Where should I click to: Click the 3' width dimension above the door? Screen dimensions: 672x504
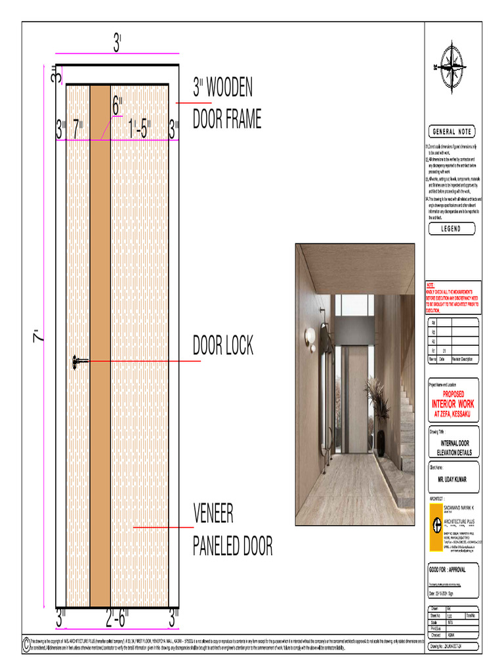point(117,44)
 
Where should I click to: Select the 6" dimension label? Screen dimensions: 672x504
point(117,105)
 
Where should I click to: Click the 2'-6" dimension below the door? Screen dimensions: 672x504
point(117,618)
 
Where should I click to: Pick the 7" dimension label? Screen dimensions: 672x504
point(78,129)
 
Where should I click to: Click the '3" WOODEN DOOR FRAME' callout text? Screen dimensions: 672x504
point(226,104)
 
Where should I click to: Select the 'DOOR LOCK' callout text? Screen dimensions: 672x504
point(222,346)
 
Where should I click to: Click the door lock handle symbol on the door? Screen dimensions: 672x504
point(79,361)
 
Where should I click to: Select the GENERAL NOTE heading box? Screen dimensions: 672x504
point(452,132)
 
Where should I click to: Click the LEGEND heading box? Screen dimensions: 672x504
point(452,229)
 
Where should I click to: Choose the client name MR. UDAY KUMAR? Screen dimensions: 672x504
point(453,480)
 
